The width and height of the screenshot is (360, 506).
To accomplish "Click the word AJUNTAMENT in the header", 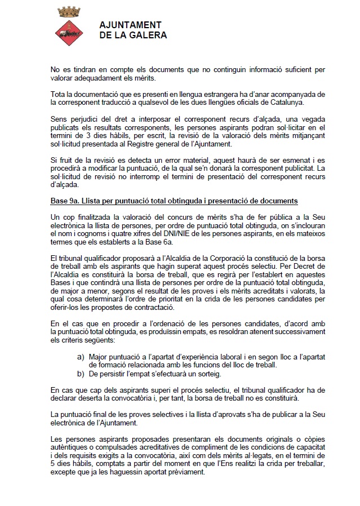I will [130, 25].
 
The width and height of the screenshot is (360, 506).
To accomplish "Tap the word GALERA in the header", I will [148, 35].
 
